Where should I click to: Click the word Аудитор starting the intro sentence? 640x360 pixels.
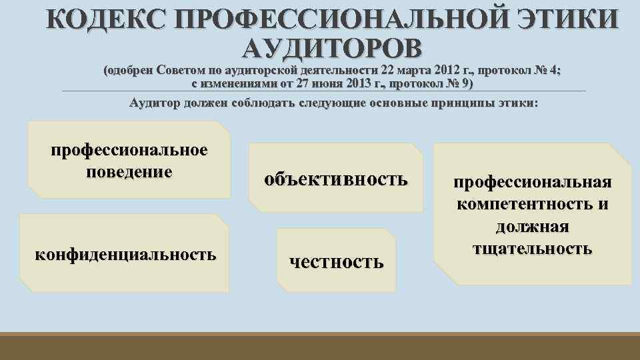[153, 103]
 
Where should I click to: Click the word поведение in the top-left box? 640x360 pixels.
[129, 171]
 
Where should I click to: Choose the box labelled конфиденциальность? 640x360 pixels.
[125, 253]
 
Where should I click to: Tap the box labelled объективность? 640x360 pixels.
[335, 179]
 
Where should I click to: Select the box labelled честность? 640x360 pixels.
[336, 261]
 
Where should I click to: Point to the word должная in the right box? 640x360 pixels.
[532, 227]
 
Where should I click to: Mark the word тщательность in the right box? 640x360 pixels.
[532, 249]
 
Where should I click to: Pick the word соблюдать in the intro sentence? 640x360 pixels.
[260, 103]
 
